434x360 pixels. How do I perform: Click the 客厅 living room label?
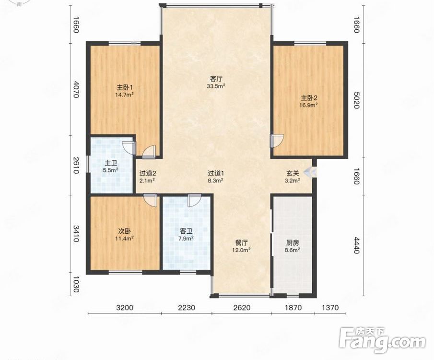point(216,78)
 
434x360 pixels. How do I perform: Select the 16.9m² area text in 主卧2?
point(308,105)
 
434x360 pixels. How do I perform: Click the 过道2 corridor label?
point(148,173)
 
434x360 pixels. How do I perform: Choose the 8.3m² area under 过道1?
point(216,180)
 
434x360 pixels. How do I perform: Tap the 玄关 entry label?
point(293,173)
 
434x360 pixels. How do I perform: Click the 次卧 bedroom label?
point(125,231)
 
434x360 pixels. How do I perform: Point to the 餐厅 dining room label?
point(241,243)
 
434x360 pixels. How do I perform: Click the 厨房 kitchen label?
point(293,243)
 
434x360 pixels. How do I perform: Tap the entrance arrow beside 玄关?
point(310,172)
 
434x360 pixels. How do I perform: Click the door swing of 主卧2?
point(277,140)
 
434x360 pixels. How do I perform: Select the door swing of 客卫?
point(194,200)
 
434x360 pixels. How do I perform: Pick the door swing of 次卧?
point(150,200)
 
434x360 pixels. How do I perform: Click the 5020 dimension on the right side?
point(356,101)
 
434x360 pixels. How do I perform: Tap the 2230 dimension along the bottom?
point(187,307)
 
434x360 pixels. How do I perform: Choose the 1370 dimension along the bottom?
point(330,307)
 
